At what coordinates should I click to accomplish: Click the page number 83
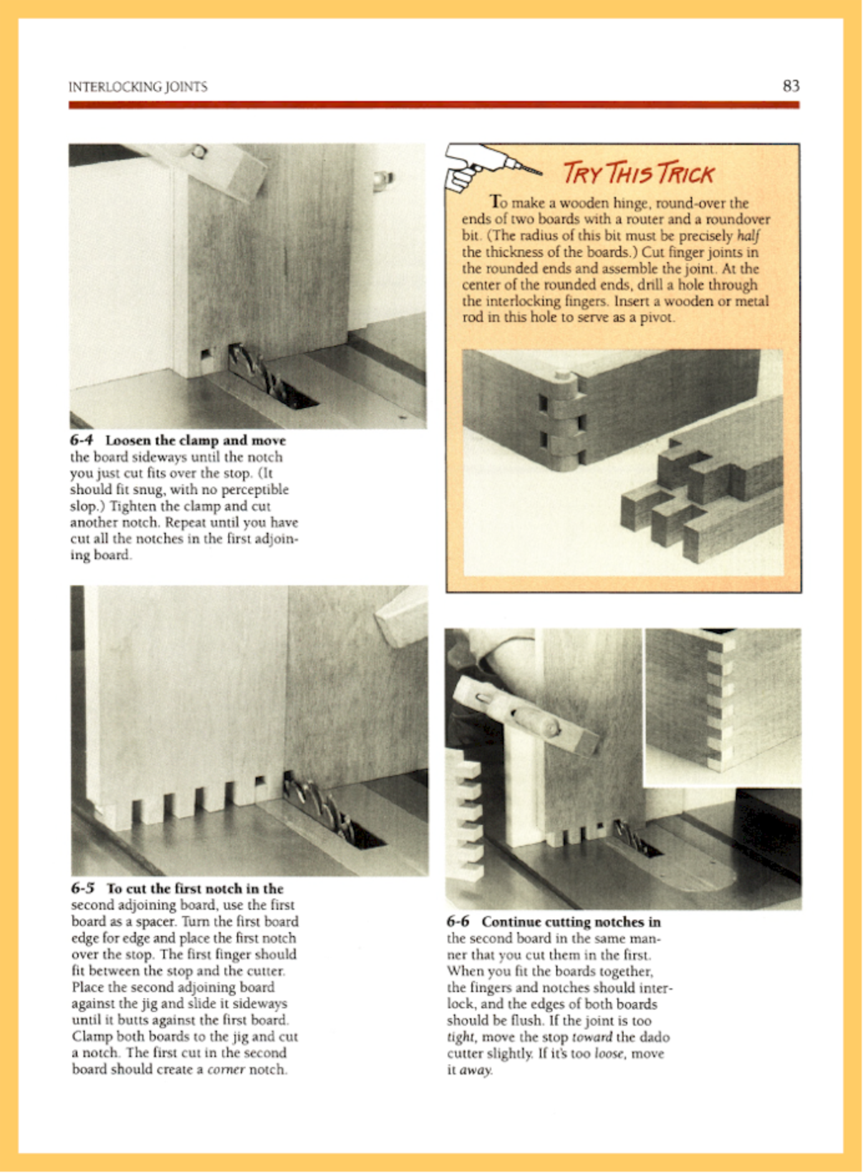point(791,86)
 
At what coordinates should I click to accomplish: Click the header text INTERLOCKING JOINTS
point(138,87)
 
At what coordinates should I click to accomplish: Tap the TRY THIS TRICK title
point(638,173)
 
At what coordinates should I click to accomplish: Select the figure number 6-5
point(84,888)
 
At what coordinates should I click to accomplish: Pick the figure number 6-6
point(460,921)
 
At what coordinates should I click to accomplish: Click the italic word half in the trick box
point(748,236)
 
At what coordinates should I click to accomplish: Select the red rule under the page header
point(434,105)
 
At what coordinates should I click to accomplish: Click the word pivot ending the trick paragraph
point(658,317)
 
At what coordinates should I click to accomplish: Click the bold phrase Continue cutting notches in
point(571,921)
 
